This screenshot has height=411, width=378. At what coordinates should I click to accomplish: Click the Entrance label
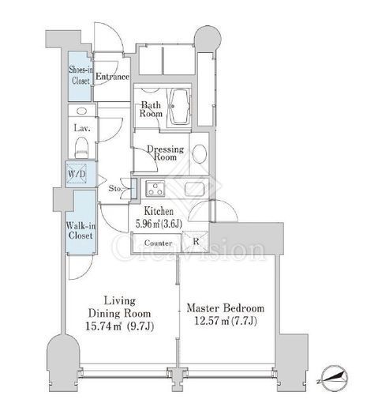click(x=112, y=77)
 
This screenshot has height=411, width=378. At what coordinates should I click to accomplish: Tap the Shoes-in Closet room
click(x=80, y=76)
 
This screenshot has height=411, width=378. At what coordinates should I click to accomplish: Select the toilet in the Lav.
click(x=81, y=148)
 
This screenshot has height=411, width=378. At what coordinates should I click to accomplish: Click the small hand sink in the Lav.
click(x=81, y=111)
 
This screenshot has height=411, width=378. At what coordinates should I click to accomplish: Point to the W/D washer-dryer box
click(x=77, y=173)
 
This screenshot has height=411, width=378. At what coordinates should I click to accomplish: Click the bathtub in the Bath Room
click(x=179, y=107)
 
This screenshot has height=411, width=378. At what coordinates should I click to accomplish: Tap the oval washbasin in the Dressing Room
click(x=199, y=154)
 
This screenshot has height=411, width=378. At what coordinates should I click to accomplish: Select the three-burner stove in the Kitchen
click(x=155, y=189)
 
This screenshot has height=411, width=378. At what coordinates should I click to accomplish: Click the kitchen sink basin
click(x=194, y=189)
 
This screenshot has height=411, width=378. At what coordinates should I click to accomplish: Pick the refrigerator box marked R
click(x=196, y=241)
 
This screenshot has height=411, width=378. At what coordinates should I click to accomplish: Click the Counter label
click(x=158, y=243)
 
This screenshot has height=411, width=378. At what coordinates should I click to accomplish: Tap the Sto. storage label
click(x=115, y=189)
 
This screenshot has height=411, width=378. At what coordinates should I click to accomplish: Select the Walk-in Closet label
click(x=80, y=231)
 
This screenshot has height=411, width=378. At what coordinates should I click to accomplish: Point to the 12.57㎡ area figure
click(x=211, y=321)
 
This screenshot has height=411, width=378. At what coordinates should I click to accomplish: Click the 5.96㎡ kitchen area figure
click(x=148, y=224)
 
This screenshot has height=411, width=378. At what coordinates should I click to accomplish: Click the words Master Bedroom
click(x=226, y=308)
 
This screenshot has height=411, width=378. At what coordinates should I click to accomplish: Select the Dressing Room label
click(x=165, y=153)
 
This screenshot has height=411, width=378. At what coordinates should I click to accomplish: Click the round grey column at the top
click(x=208, y=39)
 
